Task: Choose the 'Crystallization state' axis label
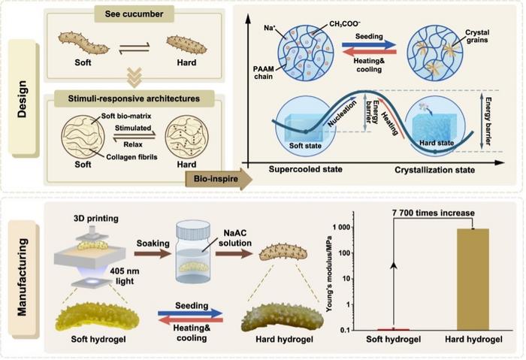(x=435, y=170)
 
